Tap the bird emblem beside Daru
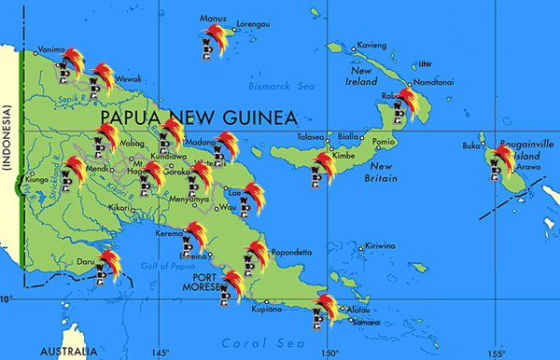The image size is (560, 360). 105,264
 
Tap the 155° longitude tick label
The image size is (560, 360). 496,353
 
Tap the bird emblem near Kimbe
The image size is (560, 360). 323,169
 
